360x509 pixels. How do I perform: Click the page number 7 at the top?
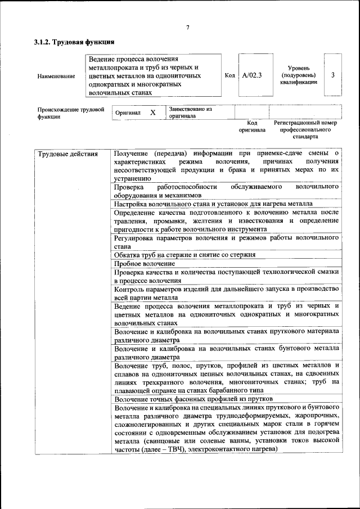(x=188, y=28)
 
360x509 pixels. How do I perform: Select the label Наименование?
(x=56, y=76)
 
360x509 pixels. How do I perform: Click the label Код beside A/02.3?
(x=229, y=75)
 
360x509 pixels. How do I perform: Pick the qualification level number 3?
(x=334, y=75)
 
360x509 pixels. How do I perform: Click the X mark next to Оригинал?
(x=152, y=112)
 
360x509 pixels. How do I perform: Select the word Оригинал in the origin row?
(x=128, y=113)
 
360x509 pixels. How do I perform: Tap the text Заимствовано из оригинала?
(x=190, y=112)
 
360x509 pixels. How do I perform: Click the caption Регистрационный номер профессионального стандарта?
(x=305, y=129)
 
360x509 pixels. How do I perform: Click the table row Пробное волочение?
(x=145, y=263)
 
